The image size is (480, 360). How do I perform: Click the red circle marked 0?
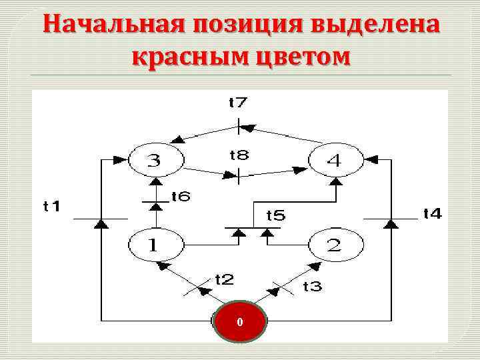pos(240,323)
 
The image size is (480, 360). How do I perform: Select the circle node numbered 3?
pos(155,160)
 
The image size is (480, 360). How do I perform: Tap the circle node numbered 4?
pos(335,160)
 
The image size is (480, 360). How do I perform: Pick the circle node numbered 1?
pos(155,245)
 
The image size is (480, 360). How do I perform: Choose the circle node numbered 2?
pos(335,245)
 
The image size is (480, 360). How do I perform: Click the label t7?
pos(238,103)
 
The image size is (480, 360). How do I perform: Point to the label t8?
pos(239,155)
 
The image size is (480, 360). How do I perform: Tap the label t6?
pos(181,197)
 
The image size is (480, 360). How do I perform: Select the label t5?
pos(275,215)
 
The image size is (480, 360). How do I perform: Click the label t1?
pos(51,207)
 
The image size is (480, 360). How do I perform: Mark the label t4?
pos(433,213)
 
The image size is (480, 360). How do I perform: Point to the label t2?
pos(224,279)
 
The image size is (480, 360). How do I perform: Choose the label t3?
pos(312,286)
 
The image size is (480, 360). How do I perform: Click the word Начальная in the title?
pos(111,25)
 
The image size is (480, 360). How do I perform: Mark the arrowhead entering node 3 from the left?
pos(121,160)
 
